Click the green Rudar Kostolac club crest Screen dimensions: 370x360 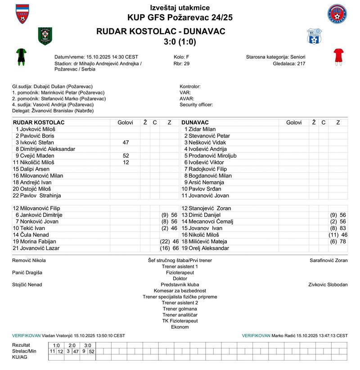(45, 36)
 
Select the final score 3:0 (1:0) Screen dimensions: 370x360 (180, 42)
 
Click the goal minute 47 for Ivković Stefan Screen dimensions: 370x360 (126, 143)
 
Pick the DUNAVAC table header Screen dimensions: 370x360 (195, 122)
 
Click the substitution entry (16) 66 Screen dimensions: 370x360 (169, 248)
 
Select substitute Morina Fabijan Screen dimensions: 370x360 (37, 241)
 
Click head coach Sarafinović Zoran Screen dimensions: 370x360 (328, 260)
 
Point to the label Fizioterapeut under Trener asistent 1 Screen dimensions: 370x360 (180, 272)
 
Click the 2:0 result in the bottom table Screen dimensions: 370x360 (72, 345)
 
